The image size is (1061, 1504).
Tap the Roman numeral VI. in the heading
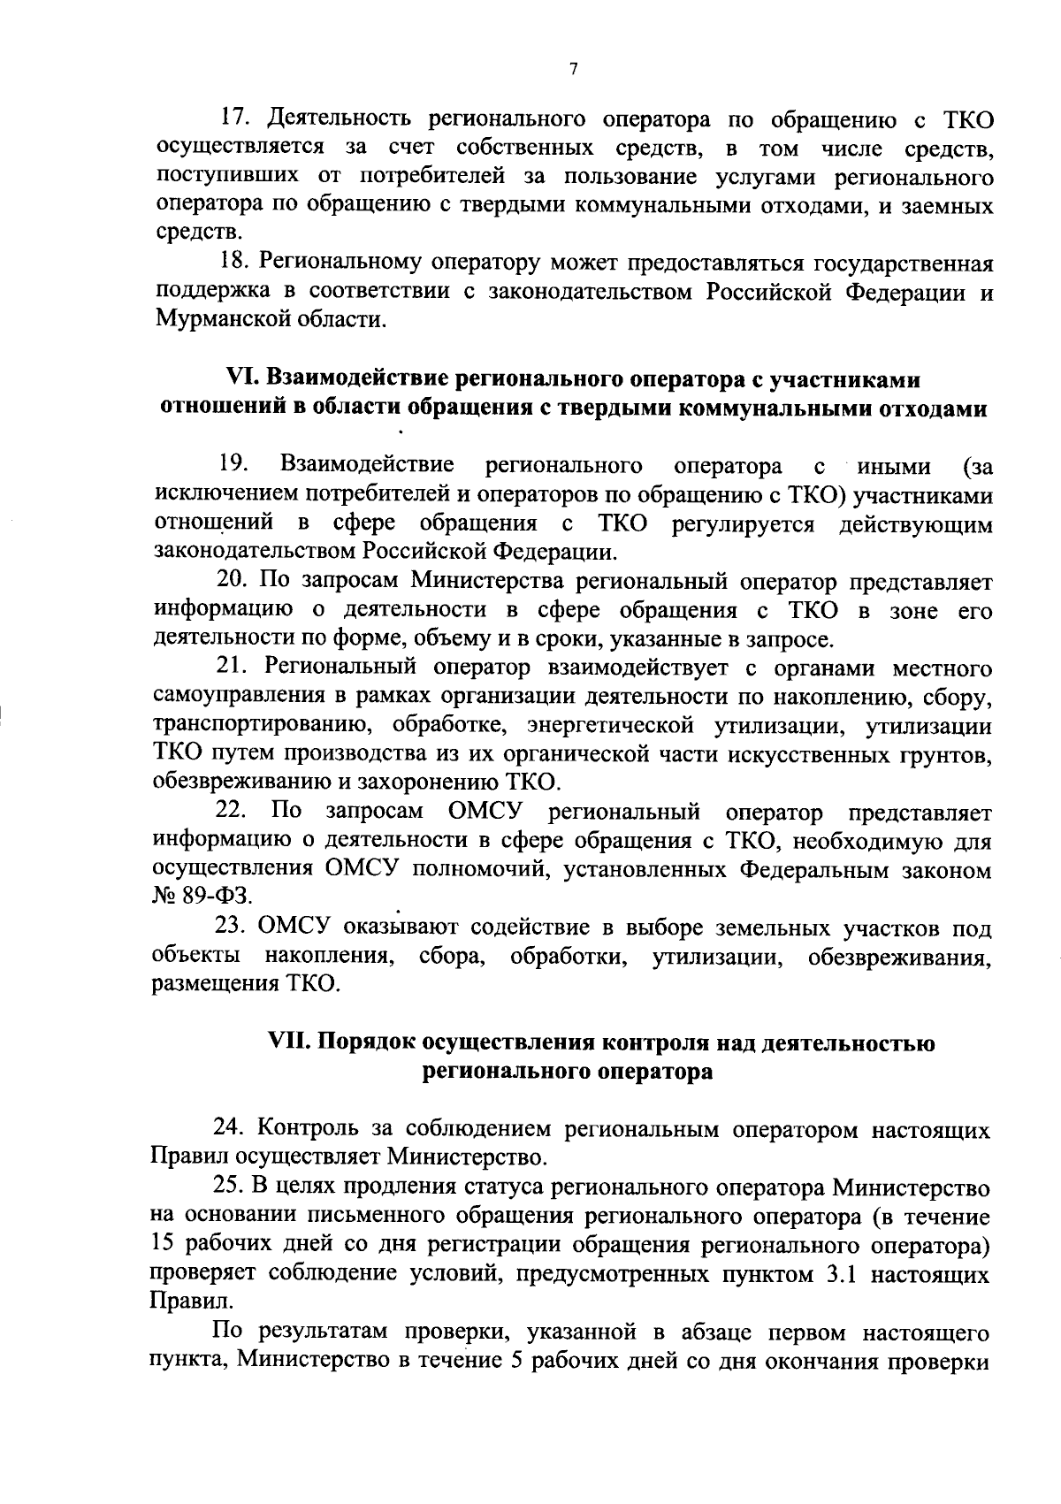pos(241,379)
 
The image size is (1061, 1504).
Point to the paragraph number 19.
pos(234,464)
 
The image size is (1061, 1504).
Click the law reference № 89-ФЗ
pos(202,897)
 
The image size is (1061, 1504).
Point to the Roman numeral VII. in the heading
pos(290,1043)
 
